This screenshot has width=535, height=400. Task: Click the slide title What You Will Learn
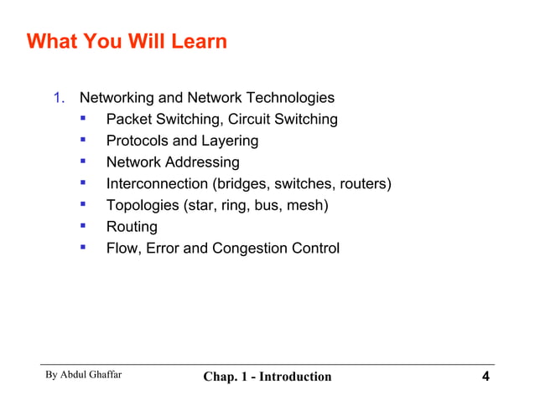[x=127, y=41]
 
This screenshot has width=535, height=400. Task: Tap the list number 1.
[x=59, y=98]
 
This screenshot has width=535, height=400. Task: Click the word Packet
[x=129, y=120]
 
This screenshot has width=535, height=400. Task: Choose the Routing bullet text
[x=132, y=227]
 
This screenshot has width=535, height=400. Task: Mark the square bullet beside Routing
[x=83, y=226]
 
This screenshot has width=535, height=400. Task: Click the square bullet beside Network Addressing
[x=83, y=162]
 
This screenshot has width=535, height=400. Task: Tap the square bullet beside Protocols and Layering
[x=83, y=140]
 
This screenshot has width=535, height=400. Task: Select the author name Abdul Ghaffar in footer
[x=92, y=375]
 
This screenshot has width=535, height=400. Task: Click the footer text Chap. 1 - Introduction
[x=267, y=377]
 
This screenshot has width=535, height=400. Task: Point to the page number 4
[x=486, y=376]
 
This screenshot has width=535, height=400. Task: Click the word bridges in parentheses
[x=241, y=184]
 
